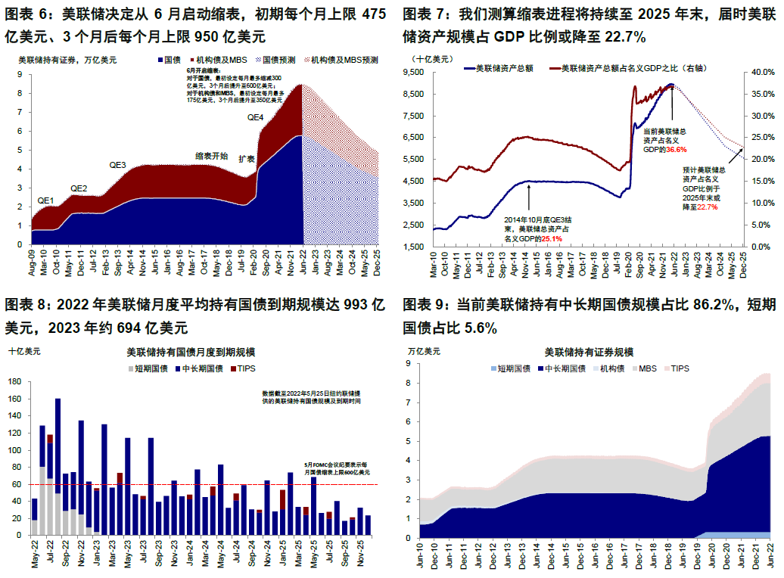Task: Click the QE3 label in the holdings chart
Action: [117, 166]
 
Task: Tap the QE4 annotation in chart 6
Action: [256, 118]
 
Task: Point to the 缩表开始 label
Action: [211, 156]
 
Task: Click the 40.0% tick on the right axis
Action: [759, 73]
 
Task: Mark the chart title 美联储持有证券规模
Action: [589, 353]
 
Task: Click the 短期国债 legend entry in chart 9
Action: [511, 368]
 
